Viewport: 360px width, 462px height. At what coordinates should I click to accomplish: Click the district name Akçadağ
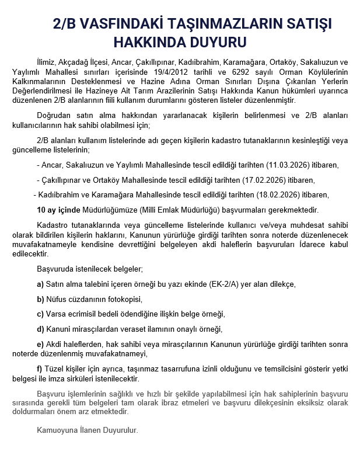click(73, 62)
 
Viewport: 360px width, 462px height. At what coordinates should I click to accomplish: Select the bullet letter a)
click(40, 284)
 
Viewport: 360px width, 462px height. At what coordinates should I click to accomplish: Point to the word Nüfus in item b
click(57, 298)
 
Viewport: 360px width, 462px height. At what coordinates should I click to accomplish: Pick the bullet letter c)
click(40, 313)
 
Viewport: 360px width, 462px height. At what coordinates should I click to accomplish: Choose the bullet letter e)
click(40, 343)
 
